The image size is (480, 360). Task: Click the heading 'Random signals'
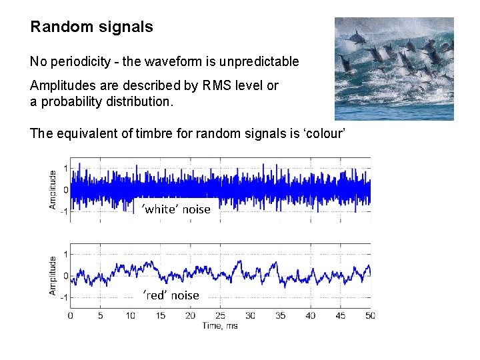(x=91, y=27)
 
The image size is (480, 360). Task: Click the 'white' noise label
(x=175, y=209)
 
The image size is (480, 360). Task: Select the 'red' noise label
(x=171, y=295)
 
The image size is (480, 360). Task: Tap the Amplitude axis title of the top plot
(x=53, y=190)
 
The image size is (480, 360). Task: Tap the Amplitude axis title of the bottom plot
(x=53, y=276)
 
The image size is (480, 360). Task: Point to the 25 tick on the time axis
(x=221, y=315)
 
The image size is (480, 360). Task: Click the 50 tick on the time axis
(x=371, y=315)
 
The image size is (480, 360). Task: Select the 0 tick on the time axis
(x=71, y=315)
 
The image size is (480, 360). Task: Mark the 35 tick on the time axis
(x=281, y=315)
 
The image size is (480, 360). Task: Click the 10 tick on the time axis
(x=131, y=315)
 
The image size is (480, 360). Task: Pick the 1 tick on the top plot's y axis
(x=64, y=167)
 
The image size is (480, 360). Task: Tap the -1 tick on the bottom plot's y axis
(x=62, y=297)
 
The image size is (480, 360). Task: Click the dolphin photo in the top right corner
(x=393, y=69)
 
